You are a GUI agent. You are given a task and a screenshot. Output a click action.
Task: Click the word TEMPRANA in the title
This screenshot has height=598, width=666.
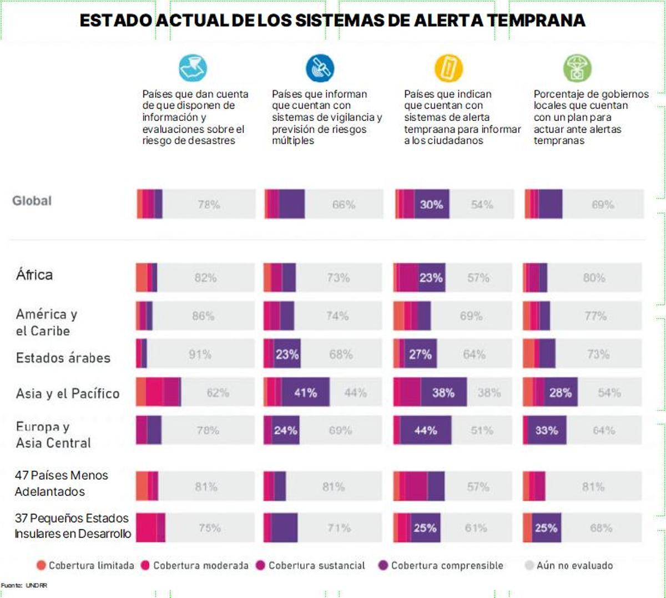pos(536,21)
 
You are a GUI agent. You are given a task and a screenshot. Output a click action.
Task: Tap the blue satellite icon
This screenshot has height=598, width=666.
pos(320,68)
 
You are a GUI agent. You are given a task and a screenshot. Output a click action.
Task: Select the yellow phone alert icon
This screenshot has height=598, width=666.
pos(448,68)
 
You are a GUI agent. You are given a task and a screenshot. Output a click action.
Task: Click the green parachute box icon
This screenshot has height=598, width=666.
pos(577,68)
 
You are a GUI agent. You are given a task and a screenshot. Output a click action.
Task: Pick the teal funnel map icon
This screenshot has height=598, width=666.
pos(193,68)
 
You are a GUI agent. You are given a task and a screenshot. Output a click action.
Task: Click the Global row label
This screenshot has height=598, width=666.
pos(32,201)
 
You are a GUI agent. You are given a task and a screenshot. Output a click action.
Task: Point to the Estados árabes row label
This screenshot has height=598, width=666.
pos(63,358)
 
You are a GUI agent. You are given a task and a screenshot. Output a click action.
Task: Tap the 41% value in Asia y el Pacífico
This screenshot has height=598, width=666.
pos(305,393)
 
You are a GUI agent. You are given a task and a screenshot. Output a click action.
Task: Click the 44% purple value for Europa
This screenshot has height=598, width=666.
pos(425,430)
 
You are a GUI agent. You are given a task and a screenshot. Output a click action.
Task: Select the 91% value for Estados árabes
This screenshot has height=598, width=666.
pos(200,354)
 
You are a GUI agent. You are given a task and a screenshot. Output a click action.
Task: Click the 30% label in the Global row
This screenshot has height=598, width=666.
pos(431,205)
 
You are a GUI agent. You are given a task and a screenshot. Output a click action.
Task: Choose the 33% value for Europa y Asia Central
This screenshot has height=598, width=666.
pos(546,430)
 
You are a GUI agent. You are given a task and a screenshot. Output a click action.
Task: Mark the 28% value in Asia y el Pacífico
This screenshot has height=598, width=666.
pos(560,393)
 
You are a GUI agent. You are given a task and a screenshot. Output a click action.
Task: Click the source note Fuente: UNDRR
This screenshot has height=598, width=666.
pos(24,585)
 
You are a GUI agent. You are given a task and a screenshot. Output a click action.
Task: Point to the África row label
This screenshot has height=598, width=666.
pos(34,275)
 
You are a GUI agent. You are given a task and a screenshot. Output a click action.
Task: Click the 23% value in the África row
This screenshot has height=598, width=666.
pos(431,278)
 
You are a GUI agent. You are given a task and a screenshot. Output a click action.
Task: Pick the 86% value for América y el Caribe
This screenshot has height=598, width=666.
pos(203,316)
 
